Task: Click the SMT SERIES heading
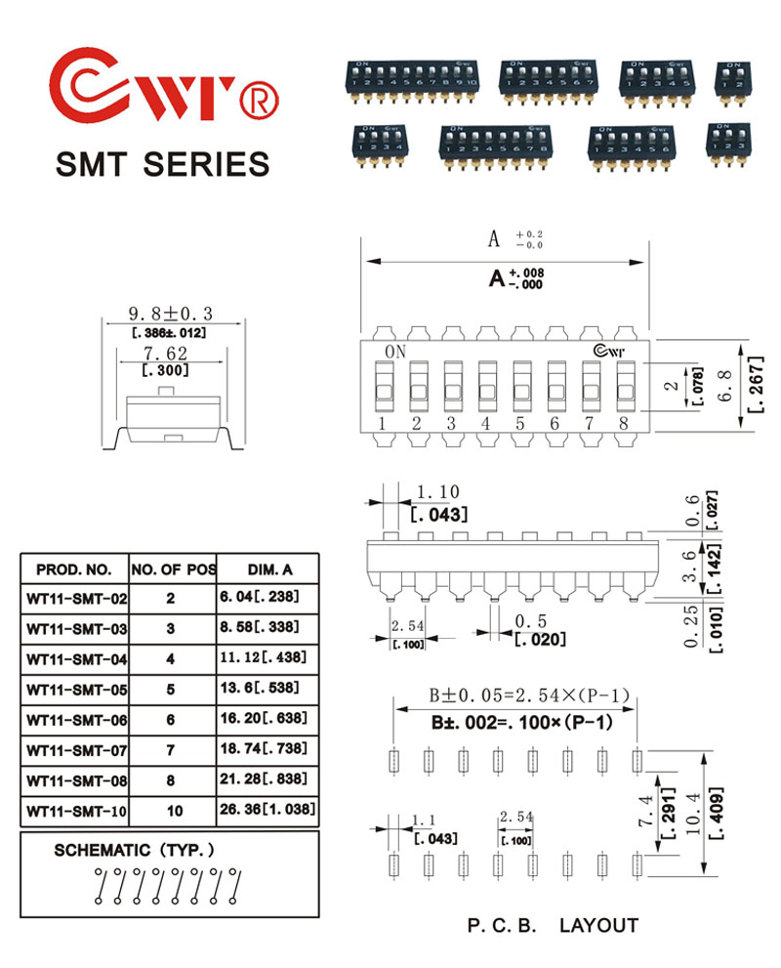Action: (x=162, y=163)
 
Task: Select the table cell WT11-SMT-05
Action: (x=77, y=690)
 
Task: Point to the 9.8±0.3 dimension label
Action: (x=171, y=315)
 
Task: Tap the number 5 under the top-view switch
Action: (x=519, y=424)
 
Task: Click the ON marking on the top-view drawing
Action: (x=395, y=352)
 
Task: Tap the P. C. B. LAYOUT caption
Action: (x=552, y=925)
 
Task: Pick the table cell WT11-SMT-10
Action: (x=77, y=811)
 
